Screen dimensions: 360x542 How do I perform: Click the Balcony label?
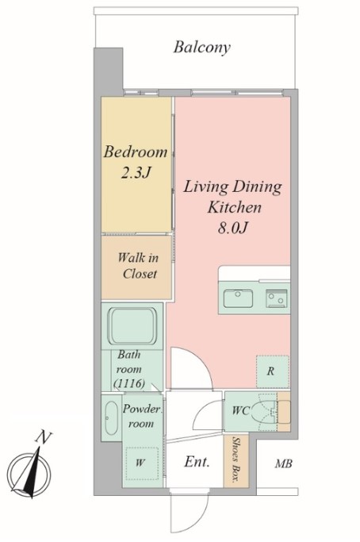(201, 48)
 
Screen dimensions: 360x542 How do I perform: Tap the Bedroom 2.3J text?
(136, 162)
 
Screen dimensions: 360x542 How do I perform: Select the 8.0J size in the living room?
(233, 227)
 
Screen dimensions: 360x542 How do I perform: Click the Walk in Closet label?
(138, 266)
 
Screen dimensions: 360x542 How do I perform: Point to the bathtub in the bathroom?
(132, 325)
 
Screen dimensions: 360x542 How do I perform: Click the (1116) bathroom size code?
(129, 383)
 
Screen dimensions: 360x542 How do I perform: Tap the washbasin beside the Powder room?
(111, 418)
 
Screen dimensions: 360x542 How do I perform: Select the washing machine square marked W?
(142, 463)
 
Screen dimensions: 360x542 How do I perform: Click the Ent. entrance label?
(197, 462)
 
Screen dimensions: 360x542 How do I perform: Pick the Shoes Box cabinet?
(236, 459)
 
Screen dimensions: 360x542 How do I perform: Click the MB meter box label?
(284, 463)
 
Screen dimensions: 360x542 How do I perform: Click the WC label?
(240, 410)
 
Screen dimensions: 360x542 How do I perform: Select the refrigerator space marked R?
(272, 371)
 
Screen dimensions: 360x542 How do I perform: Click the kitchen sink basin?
(238, 298)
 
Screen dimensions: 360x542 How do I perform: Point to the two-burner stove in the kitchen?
(277, 298)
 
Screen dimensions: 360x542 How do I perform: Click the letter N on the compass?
(43, 436)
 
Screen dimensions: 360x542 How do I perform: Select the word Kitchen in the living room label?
(234, 207)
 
